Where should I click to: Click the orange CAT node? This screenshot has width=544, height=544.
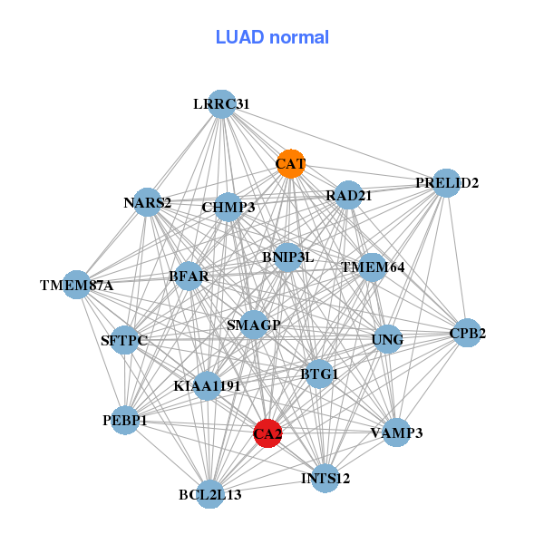tap(290, 164)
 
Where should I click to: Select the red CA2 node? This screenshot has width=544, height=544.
tap(267, 433)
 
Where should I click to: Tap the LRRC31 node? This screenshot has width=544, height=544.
tap(221, 104)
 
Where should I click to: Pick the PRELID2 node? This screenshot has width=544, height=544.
tap(446, 183)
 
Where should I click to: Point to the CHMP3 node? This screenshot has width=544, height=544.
tap(228, 208)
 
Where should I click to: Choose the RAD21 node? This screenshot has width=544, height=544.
tap(348, 195)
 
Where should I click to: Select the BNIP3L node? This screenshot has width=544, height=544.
tap(287, 257)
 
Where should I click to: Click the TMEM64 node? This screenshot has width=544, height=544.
tap(372, 267)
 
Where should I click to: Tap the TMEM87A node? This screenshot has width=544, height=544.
tap(77, 286)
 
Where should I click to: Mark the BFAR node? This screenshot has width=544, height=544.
tap(189, 276)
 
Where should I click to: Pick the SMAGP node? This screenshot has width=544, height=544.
tap(254, 325)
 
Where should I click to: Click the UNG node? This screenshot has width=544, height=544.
tap(387, 340)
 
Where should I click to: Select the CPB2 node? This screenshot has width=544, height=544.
tap(467, 333)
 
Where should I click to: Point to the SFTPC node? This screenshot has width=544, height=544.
tap(124, 341)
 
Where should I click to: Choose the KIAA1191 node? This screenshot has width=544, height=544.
tap(207, 386)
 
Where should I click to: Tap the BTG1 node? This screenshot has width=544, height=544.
tap(319, 374)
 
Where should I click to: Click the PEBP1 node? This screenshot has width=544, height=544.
tap(125, 420)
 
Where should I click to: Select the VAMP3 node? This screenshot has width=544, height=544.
tap(396, 432)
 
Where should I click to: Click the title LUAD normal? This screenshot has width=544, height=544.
tap(272, 37)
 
